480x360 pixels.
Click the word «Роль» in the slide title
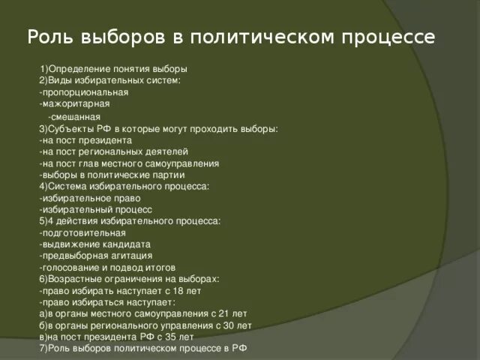49,37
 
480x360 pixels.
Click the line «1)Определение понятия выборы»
113,68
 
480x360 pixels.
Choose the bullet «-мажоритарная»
75,103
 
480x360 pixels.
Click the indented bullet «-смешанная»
74,118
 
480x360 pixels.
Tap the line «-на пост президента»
85,139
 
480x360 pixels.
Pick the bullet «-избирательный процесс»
95,209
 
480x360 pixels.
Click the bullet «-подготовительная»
82,232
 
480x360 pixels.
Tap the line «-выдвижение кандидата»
95,244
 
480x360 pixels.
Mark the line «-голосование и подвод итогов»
107,267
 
